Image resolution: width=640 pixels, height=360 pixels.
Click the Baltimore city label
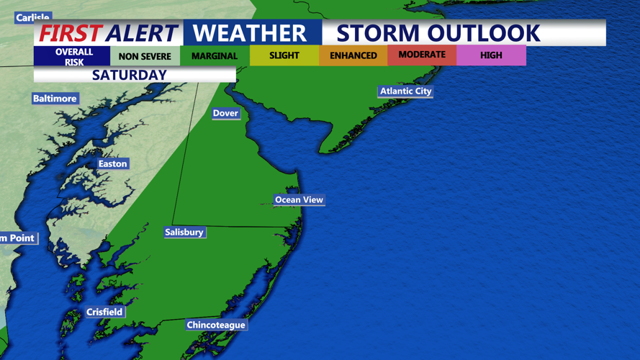pos(55,99)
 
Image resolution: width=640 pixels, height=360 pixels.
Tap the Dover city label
pos(225,113)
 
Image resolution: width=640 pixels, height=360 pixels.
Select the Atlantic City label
pos(406,91)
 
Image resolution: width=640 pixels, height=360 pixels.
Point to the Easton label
pos(112,164)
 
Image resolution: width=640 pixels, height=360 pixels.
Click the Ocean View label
pos(299,199)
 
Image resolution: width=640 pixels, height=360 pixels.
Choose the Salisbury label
pos(184,232)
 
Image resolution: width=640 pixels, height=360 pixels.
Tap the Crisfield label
pos(104,312)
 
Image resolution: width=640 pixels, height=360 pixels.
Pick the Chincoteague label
pos(216,325)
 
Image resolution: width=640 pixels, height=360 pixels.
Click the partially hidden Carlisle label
pos(32,17)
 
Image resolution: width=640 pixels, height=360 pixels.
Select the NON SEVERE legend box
pos(145,56)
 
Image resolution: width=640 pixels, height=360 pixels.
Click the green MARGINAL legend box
pos(215,56)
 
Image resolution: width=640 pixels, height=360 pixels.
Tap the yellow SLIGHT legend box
pos(284,55)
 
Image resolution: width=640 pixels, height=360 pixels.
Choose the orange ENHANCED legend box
pos(353,55)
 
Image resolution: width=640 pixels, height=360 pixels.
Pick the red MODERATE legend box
pos(422,55)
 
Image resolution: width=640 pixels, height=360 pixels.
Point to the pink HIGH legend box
pos(491,55)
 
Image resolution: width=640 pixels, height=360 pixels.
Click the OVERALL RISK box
pos(74,57)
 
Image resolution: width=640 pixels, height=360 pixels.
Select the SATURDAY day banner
pos(130,75)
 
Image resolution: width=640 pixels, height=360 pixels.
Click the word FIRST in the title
pos(70,33)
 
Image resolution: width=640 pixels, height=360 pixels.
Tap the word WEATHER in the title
pos(250,33)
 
